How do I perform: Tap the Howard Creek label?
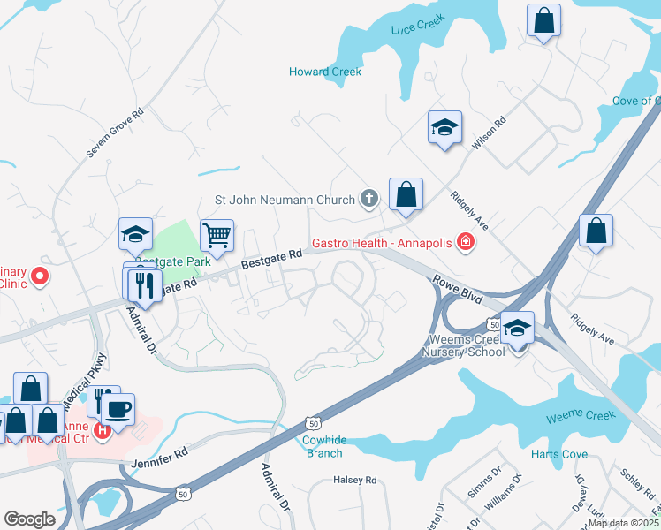(325, 72)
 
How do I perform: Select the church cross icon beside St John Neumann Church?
(369, 200)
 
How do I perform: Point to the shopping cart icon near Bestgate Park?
(216, 235)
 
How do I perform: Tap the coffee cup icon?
(118, 409)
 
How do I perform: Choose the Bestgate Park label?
(173, 262)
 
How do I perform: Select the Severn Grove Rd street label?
(115, 134)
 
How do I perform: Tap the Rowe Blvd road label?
(457, 290)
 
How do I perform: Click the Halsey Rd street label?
(353, 480)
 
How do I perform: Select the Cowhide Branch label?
(323, 446)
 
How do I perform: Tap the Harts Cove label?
(558, 454)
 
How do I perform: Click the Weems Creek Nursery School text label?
(467, 346)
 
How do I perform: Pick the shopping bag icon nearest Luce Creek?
(543, 20)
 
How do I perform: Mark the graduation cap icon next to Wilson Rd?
(444, 128)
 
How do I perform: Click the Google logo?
(29, 519)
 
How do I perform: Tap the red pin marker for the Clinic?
(40, 277)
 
